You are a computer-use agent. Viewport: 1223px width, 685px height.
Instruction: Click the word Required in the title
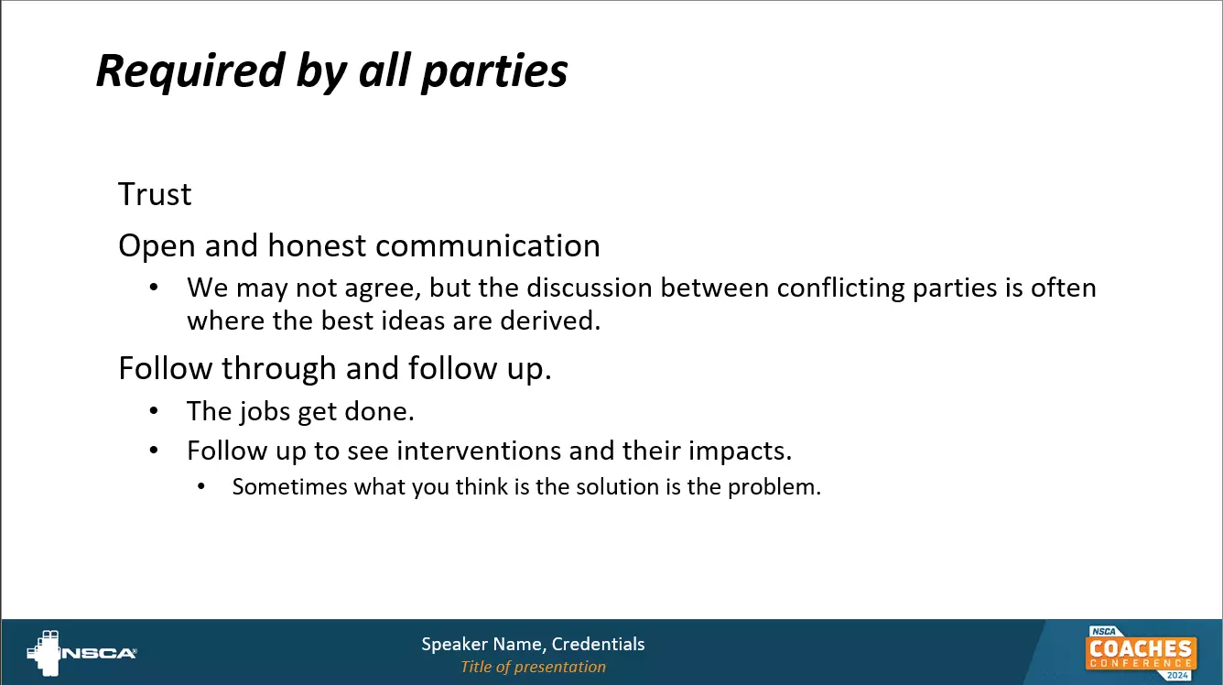click(x=190, y=71)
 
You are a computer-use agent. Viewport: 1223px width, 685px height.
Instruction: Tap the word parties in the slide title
click(x=494, y=71)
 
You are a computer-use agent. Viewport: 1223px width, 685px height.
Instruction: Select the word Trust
click(x=155, y=194)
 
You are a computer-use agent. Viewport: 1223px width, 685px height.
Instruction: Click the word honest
click(x=317, y=245)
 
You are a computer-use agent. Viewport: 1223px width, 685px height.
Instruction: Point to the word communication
click(x=488, y=245)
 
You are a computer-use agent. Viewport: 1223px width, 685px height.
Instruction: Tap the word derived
click(x=550, y=321)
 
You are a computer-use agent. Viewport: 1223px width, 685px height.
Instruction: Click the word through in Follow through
click(x=278, y=368)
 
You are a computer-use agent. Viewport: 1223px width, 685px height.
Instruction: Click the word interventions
click(x=479, y=451)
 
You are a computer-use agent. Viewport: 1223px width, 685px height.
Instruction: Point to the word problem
click(x=774, y=487)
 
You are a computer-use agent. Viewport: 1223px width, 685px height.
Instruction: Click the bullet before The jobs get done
click(x=154, y=411)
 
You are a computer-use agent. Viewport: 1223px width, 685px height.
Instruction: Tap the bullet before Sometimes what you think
click(x=200, y=486)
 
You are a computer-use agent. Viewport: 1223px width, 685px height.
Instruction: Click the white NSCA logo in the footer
click(x=81, y=653)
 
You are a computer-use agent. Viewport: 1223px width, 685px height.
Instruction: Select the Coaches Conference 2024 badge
click(x=1141, y=653)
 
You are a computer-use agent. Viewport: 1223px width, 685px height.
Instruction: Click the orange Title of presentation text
click(x=534, y=667)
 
